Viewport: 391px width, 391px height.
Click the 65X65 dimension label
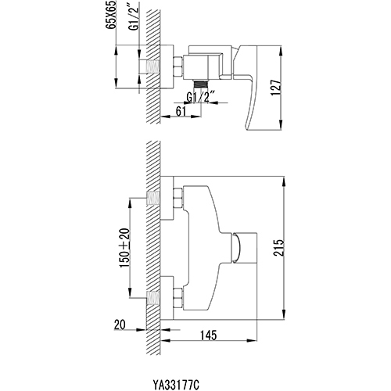112,15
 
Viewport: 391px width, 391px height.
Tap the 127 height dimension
276,88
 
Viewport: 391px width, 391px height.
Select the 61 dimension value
181,111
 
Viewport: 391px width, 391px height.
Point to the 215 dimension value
278,247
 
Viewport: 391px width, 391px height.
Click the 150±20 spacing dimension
124,248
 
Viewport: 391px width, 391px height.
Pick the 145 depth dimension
209,335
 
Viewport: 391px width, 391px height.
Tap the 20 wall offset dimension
120,325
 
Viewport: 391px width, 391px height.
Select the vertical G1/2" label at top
135,16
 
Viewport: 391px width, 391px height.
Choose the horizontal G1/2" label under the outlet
201,97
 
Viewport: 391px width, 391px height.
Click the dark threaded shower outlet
201,84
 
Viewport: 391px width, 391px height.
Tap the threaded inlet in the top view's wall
152,66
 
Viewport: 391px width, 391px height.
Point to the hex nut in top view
178,66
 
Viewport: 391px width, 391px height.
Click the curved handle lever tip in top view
252,127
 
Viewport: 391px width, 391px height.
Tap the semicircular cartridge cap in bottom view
236,247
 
